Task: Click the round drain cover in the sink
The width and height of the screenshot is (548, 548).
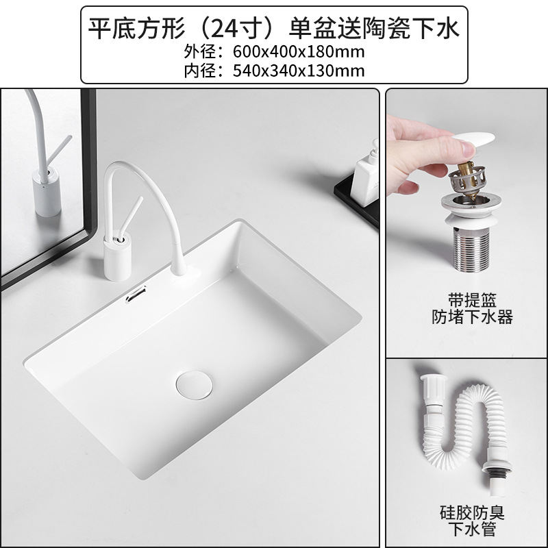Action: coord(193,384)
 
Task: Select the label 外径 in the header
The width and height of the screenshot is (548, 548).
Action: coord(198,51)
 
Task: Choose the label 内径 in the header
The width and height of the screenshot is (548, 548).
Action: coord(198,69)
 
